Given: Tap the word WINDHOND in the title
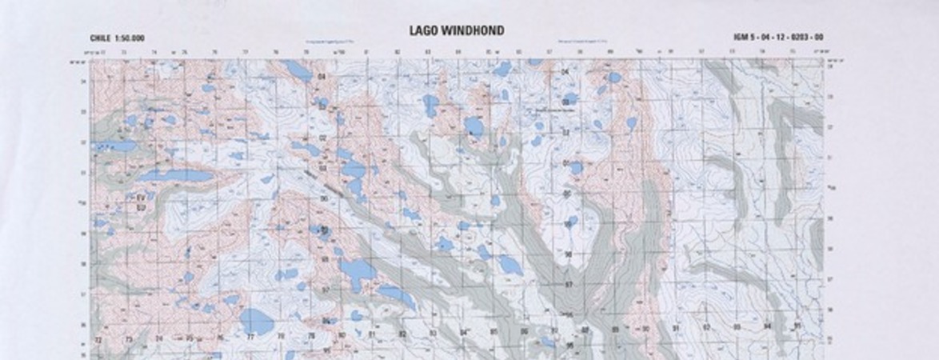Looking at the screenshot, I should tap(475, 31).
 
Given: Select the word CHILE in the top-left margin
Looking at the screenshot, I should tap(100, 38).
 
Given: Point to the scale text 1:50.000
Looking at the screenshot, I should tap(130, 38).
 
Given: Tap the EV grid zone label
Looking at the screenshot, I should tap(141, 197).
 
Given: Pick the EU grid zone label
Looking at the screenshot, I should tap(141, 207).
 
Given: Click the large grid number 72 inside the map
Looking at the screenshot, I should tap(98, 340).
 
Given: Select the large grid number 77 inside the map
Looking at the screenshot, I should tap(250, 338).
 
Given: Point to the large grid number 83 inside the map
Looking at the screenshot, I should tap(434, 333).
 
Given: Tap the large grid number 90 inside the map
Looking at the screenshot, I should tap(645, 329).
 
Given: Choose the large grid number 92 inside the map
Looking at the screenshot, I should tap(706, 327).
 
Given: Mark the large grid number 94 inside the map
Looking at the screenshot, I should tap(767, 326).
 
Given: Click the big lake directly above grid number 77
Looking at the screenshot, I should tap(256, 321).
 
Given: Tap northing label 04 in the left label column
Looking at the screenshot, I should tap(322, 77).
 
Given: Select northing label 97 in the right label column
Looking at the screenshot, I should tap(569, 284).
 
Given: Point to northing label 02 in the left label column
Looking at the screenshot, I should tap(322, 138).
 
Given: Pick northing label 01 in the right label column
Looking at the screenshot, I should tap(566, 163).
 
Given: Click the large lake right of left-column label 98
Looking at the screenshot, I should tap(357, 274).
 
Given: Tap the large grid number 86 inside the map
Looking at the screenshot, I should tap(524, 330).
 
